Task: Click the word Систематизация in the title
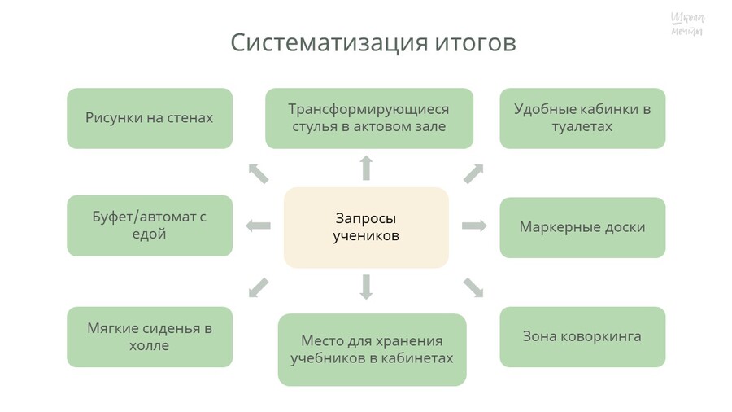(x=320, y=42)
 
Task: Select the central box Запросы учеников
(x=366, y=227)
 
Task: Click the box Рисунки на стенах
(x=150, y=118)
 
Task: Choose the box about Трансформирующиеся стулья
(x=369, y=118)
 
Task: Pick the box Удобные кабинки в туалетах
(x=582, y=118)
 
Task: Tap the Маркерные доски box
(x=582, y=227)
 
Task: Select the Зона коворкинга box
(x=582, y=336)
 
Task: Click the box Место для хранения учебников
(x=372, y=349)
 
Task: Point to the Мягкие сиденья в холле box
(x=150, y=337)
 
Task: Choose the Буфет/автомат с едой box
(x=150, y=226)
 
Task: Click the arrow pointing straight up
(x=366, y=168)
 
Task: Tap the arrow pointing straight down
(x=366, y=287)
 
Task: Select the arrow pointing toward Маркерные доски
(x=474, y=226)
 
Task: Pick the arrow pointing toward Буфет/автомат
(x=259, y=226)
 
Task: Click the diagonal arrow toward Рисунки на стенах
(x=258, y=173)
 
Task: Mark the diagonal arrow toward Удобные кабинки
(x=473, y=173)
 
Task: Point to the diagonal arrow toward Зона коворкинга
(x=473, y=287)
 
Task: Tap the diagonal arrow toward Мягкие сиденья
(x=258, y=287)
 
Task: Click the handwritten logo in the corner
(x=687, y=24)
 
